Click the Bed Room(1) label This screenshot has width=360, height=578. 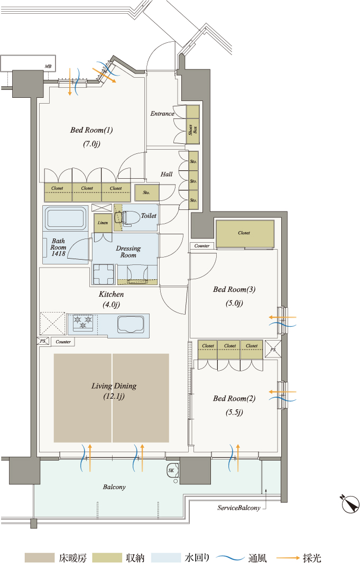91,130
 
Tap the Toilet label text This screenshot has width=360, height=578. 149,216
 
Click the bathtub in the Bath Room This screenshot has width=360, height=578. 65,218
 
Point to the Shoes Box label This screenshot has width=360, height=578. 193,130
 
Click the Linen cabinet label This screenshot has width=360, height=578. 103,223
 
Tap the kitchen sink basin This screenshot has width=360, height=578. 131,324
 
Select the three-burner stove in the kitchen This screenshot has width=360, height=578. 84,323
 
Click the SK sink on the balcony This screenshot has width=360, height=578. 173,471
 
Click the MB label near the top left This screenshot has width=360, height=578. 48,66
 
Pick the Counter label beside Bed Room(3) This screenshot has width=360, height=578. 202,245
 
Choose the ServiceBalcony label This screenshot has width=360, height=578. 239,508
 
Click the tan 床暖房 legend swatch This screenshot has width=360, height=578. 40,558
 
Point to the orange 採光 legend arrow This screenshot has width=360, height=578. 288,558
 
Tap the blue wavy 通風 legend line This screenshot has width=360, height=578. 230,558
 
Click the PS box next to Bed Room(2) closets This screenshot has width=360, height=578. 273,350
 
